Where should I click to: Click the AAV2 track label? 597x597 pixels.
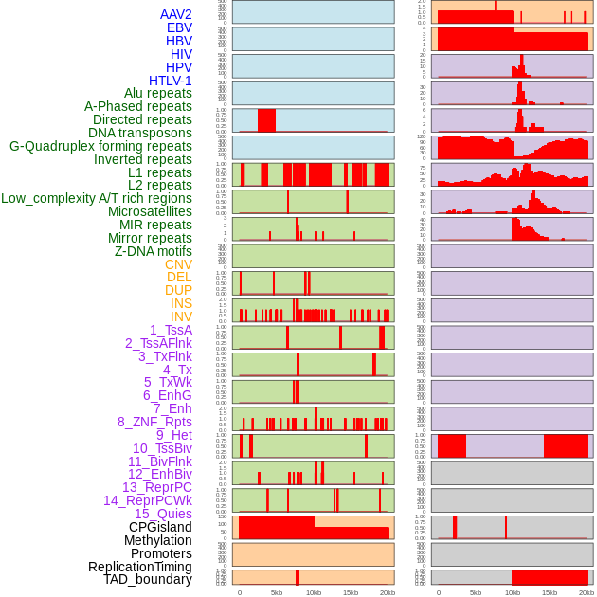(175, 14)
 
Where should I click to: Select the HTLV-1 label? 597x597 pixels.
(170, 81)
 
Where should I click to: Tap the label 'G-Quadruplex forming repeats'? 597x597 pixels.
(100, 146)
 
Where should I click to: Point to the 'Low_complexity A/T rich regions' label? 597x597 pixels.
(97, 198)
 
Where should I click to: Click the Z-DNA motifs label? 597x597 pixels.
(153, 251)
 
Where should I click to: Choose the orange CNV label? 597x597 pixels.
(178, 264)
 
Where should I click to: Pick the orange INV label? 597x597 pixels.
(181, 317)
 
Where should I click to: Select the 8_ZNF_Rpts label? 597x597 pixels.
(154, 422)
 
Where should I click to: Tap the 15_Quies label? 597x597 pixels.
(162, 514)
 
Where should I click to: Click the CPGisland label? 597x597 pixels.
(160, 527)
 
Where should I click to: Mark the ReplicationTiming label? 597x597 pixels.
(140, 567)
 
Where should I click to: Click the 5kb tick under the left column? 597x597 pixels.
(277, 592)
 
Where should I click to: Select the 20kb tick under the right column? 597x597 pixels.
(587, 592)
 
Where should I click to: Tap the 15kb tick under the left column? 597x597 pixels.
(351, 592)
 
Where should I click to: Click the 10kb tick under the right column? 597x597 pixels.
(513, 592)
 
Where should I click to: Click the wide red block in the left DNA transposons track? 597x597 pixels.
(266, 120)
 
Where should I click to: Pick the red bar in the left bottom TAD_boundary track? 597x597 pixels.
(297, 577)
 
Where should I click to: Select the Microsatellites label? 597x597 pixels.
(150, 211)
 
